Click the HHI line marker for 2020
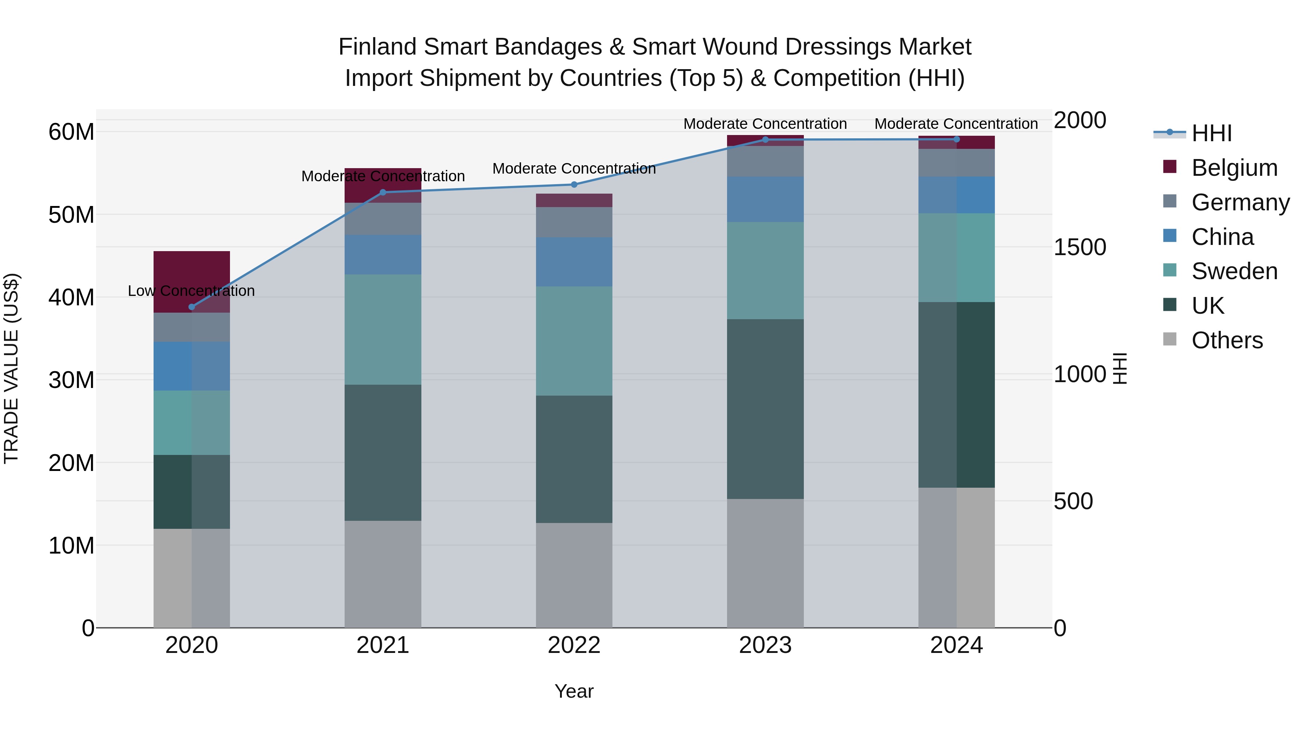tap(192, 307)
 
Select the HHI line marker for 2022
tap(574, 185)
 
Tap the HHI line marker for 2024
tap(957, 139)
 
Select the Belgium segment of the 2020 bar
tap(192, 275)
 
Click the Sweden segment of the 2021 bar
tap(383, 330)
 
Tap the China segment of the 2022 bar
tap(574, 262)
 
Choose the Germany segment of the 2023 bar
tap(765, 161)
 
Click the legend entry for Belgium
tap(1234, 168)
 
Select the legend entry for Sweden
tap(1234, 271)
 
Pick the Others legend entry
tap(1227, 340)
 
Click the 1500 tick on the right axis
tap(1079, 247)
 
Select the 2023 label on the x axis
tap(765, 645)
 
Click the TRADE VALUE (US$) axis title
tap(11, 368)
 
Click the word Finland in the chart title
tap(377, 47)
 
